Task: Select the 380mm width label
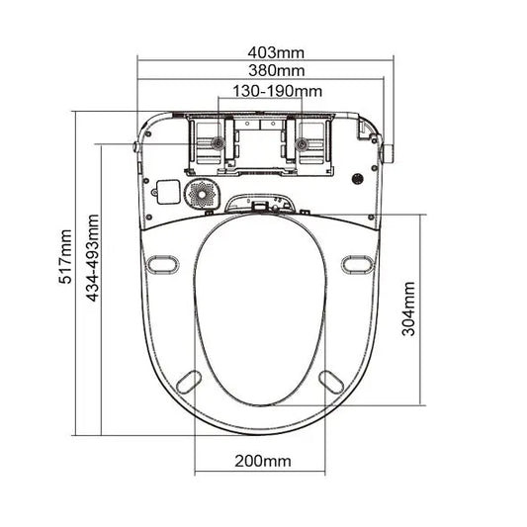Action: pos(263,70)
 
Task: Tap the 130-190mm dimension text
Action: pos(263,91)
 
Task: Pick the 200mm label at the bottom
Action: pos(263,462)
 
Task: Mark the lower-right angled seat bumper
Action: pos(330,380)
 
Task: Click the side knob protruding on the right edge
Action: pos(389,152)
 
